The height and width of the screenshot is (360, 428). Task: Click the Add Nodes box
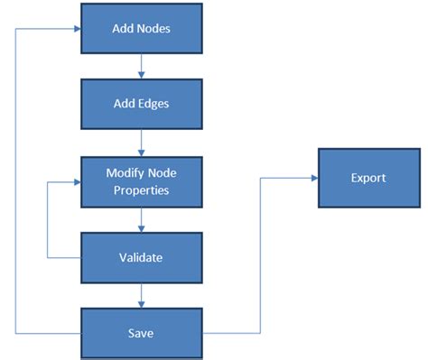pyautogui.click(x=141, y=29)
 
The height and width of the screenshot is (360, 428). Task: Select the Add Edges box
pyautogui.click(x=141, y=103)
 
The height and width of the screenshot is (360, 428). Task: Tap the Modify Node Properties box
pyautogui.click(x=141, y=180)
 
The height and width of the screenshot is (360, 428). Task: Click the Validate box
pyautogui.click(x=141, y=257)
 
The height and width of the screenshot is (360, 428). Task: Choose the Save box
pyautogui.click(x=141, y=333)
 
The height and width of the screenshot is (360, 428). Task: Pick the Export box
pyautogui.click(x=368, y=178)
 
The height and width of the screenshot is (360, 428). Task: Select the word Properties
pyautogui.click(x=141, y=189)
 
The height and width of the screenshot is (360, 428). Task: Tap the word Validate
pyautogui.click(x=141, y=257)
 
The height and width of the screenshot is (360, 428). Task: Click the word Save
pyautogui.click(x=141, y=333)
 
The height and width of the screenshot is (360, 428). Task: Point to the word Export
pyautogui.click(x=368, y=178)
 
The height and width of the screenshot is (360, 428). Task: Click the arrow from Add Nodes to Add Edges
pyautogui.click(x=141, y=66)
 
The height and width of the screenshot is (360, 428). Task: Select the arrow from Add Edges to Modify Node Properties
pyautogui.click(x=141, y=142)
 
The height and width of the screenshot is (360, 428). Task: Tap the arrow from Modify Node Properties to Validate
pyautogui.click(x=141, y=218)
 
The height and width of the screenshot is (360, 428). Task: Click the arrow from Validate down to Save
pyautogui.click(x=141, y=294)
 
